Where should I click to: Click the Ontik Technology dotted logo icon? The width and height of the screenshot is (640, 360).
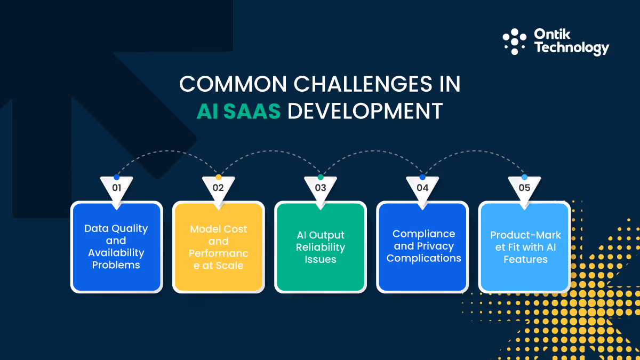coord(515,42)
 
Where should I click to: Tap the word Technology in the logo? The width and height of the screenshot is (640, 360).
coord(571,49)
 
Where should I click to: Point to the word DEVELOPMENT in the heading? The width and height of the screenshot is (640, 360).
coord(365,111)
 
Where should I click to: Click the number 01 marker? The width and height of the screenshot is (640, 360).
coord(116,188)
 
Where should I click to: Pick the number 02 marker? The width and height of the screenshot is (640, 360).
coord(218,188)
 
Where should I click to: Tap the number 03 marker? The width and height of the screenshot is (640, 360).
coord(321,188)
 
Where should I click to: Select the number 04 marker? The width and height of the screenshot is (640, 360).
coord(422,188)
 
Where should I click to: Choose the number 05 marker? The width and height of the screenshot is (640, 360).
coord(524,188)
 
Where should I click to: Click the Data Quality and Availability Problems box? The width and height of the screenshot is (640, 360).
coord(116,247)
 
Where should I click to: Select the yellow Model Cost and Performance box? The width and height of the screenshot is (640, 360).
coord(218,247)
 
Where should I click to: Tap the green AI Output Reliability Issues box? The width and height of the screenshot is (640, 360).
coord(321,247)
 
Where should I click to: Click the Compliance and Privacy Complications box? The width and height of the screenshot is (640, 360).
coord(422,247)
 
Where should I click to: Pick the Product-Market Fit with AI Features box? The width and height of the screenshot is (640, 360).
coord(524,247)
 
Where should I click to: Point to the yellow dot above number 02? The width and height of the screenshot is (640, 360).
coord(218,177)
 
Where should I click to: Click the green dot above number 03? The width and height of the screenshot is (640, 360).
coord(321,177)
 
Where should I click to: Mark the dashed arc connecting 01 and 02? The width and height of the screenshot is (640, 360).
coord(167,151)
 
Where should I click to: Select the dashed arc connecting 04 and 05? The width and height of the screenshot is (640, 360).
coord(474,151)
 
